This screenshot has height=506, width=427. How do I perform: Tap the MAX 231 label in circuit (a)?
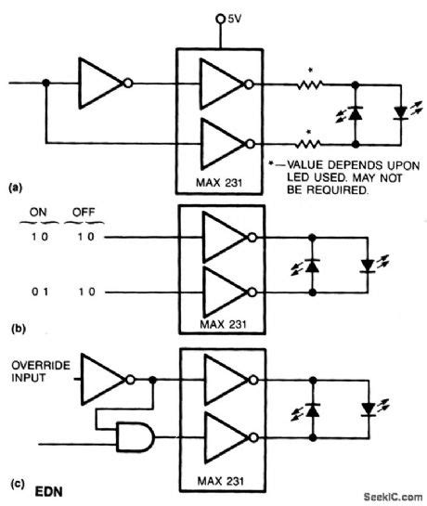219,178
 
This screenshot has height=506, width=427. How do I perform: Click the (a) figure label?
14,187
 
